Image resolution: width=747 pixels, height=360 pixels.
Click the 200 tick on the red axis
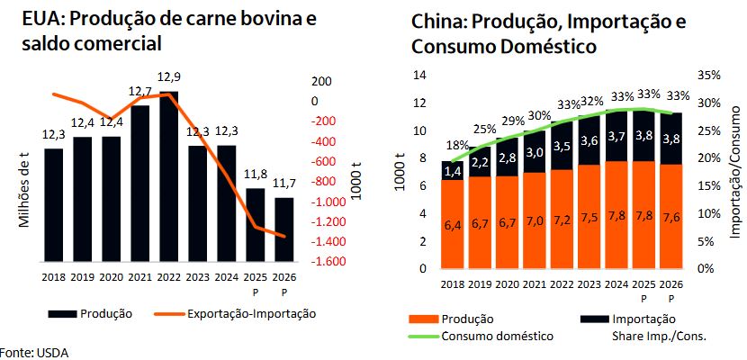321,82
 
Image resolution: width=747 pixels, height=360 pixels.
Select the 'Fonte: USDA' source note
34,351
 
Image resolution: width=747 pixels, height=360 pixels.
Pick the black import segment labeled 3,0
535,152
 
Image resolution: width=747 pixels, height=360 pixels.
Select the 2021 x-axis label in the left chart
139,278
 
